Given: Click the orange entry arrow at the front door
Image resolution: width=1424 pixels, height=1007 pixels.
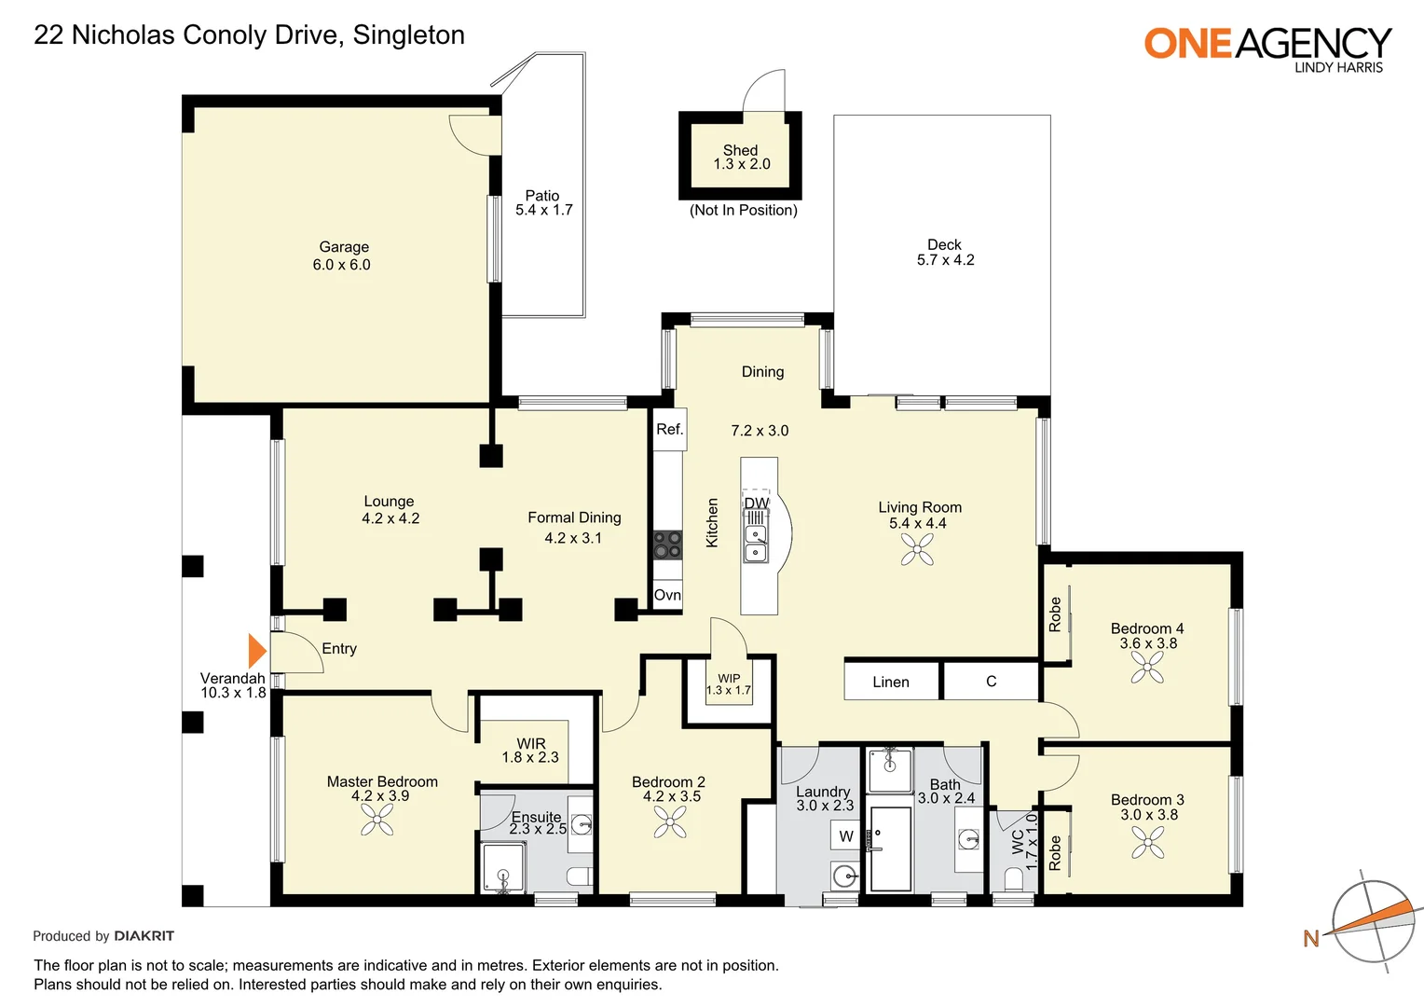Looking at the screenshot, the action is [x=256, y=651].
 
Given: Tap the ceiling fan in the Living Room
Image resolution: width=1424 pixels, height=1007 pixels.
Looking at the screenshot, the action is [x=917, y=549].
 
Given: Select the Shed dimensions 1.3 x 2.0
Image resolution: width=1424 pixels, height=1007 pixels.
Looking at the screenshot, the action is [x=741, y=164].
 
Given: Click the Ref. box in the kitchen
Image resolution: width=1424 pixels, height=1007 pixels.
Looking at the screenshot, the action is [x=669, y=430].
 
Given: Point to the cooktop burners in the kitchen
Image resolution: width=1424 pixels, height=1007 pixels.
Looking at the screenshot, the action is [x=668, y=545].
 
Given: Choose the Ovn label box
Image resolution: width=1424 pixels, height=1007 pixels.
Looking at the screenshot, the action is [x=667, y=596].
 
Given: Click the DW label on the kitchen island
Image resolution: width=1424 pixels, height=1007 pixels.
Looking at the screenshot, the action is [x=756, y=504].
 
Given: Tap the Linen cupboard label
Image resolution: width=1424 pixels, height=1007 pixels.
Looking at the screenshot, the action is [x=891, y=682].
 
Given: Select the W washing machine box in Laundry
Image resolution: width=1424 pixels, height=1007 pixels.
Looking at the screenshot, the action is [x=845, y=835].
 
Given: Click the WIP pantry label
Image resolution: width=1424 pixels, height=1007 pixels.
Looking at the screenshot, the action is [x=729, y=679].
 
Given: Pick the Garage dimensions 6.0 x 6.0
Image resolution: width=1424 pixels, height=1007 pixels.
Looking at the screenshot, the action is [x=341, y=265].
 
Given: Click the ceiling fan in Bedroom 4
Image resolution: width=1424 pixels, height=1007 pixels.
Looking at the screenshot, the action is [x=1147, y=668].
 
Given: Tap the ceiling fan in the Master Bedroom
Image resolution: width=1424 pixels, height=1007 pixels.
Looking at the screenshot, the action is [x=377, y=820].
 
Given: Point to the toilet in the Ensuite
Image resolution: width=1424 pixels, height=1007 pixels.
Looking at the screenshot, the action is [x=579, y=876].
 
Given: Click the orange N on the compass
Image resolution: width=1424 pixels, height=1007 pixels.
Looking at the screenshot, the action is [x=1311, y=938].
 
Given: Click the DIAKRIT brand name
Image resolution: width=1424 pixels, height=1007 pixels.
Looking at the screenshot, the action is [x=144, y=936].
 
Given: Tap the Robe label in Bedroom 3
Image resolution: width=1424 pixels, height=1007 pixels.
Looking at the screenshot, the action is [x=1055, y=853].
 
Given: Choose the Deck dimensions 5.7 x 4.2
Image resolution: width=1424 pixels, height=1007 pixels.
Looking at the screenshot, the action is [x=945, y=260].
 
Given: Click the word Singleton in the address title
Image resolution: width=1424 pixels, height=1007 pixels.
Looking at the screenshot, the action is [x=409, y=35].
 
